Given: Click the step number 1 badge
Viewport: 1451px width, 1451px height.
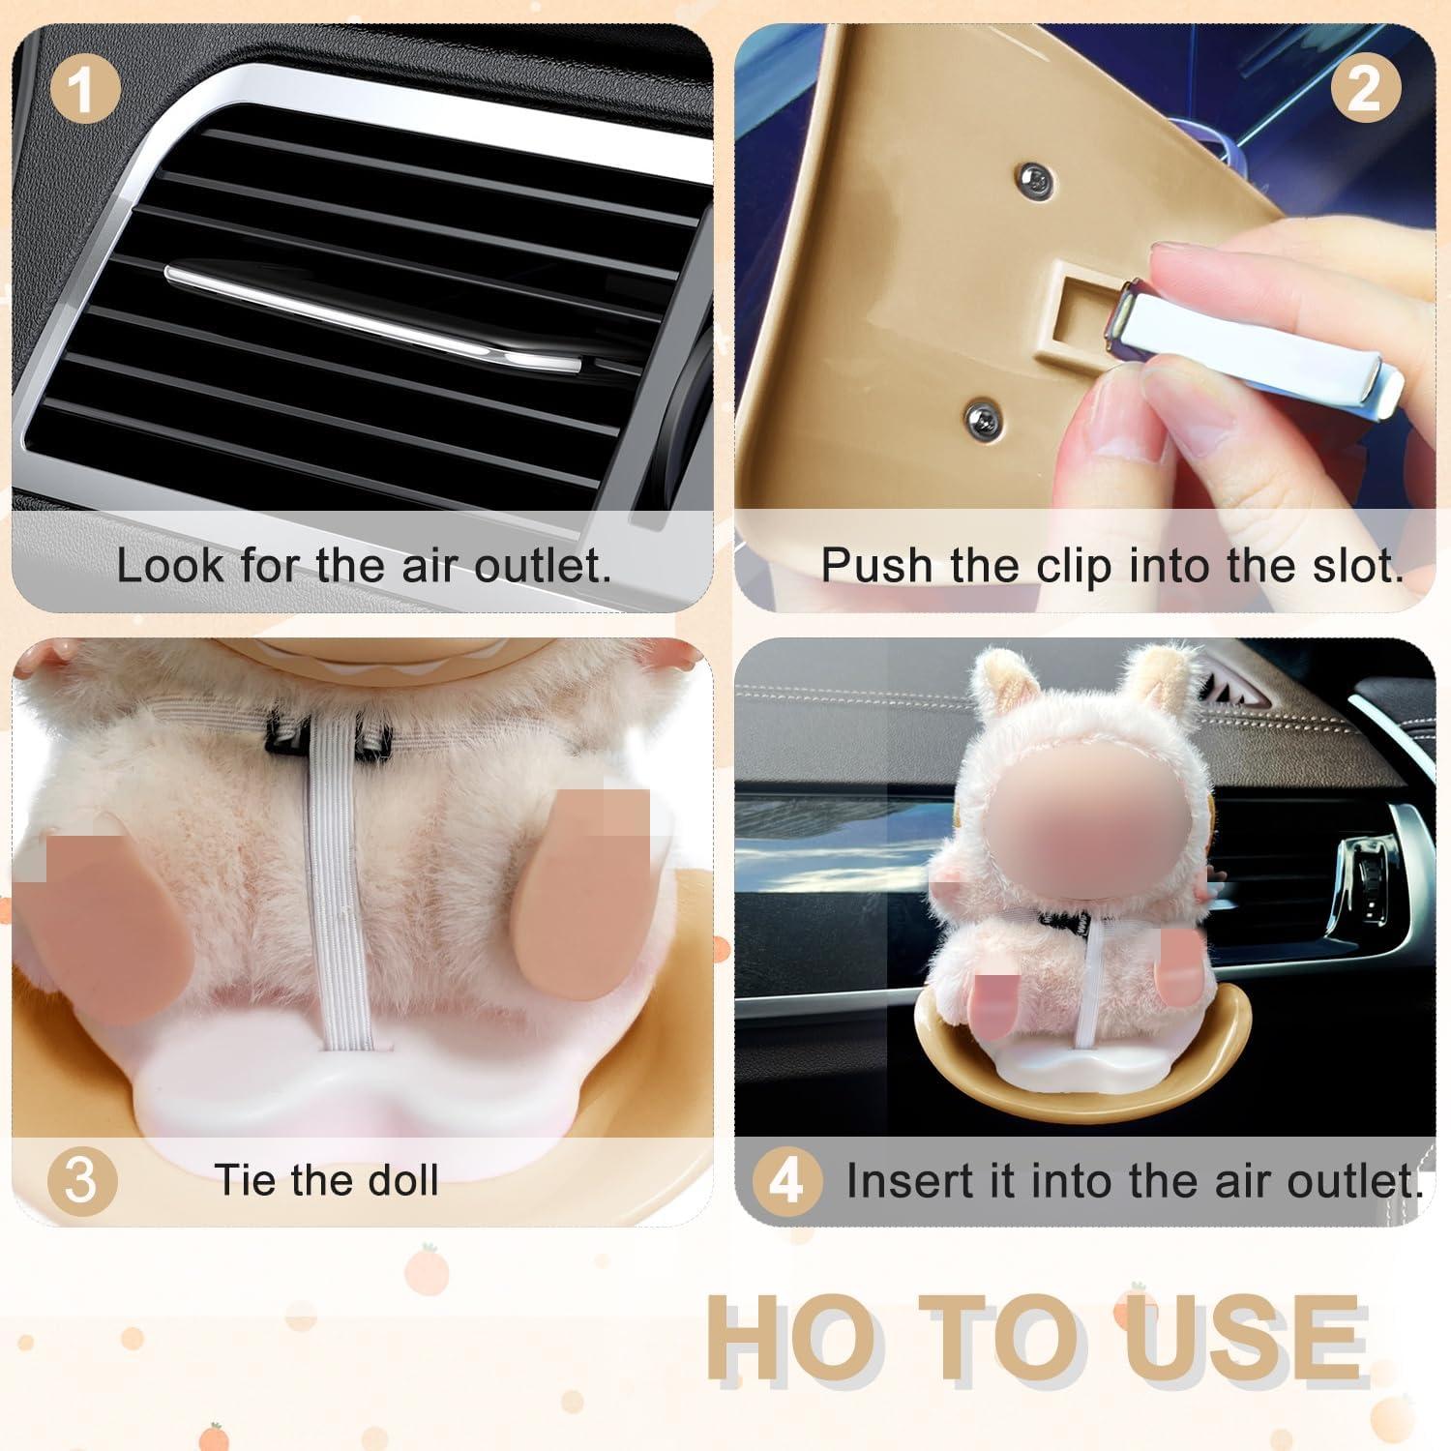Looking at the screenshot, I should [84, 91].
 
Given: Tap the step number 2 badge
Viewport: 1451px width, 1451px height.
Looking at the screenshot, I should [1365, 91].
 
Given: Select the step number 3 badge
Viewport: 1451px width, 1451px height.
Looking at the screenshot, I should [82, 1181].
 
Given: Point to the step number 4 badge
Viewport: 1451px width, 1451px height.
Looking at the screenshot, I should [786, 1181].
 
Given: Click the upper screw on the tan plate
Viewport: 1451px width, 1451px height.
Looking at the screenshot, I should [1036, 177].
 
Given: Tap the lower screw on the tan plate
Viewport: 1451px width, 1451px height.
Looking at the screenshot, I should [980, 417].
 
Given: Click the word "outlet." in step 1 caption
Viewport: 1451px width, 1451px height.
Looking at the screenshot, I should [542, 565].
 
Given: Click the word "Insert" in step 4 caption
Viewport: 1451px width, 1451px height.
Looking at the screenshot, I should [902, 1181].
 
